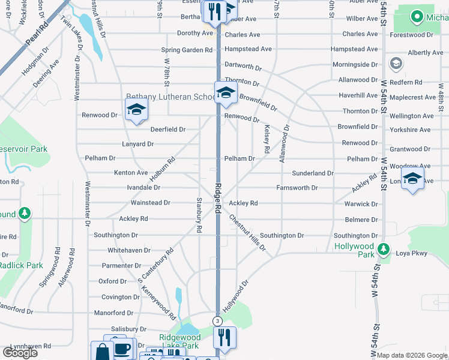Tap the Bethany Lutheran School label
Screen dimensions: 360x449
click(170, 97)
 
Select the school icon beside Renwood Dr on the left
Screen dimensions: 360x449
click(136, 110)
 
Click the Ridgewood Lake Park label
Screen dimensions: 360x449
click(179, 341)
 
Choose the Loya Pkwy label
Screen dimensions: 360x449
click(411, 253)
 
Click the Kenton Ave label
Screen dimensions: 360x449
click(131, 173)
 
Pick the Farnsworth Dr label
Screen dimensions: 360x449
click(297, 188)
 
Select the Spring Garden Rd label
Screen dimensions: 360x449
click(187, 50)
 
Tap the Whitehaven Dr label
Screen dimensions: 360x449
click(129, 250)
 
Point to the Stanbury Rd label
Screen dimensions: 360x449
click(199, 214)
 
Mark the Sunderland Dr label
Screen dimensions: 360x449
click(313, 173)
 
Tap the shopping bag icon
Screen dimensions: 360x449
click(101, 352)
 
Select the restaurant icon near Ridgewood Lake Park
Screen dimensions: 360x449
click(225, 337)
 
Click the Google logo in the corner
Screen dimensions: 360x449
click(20, 353)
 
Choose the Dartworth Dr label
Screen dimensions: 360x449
click(243, 64)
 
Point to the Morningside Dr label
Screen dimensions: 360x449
click(355, 65)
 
